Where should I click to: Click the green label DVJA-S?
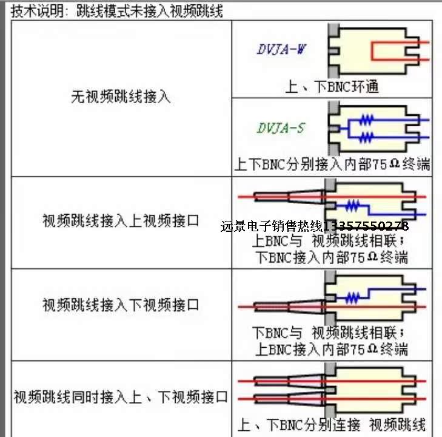coord(281,128)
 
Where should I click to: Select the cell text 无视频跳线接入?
coord(121,97)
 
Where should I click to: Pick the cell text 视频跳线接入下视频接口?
coord(121,305)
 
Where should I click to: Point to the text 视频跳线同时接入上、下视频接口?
coord(121,398)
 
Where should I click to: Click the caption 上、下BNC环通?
coord(332,86)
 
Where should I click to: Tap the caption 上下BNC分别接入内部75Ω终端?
coord(332,164)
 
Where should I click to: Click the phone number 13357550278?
coord(366,226)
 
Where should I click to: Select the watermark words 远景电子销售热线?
coord(272,226)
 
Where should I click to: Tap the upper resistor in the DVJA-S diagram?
coord(366,121)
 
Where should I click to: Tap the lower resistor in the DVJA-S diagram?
coord(366,137)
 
